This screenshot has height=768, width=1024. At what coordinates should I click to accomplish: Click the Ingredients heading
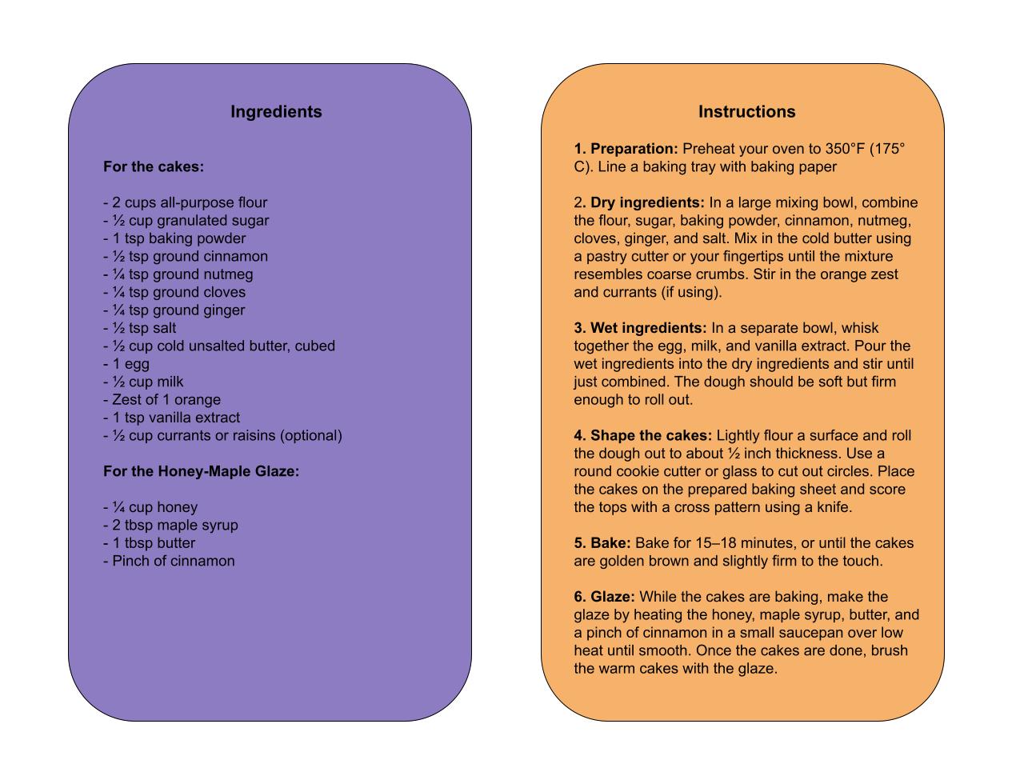[x=276, y=112]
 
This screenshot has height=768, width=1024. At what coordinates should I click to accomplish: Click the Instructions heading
[x=746, y=112]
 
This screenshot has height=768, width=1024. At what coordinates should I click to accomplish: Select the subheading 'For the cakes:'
[x=154, y=167]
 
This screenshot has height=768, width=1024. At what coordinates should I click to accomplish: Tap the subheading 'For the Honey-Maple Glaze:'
[x=201, y=472]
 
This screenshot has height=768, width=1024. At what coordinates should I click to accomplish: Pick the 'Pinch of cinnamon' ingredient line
[x=169, y=561]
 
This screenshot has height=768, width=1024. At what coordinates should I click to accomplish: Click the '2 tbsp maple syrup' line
[x=170, y=526]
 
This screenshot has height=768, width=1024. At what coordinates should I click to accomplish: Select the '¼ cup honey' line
[x=150, y=507]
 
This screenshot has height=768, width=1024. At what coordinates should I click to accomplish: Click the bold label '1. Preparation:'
[x=626, y=149]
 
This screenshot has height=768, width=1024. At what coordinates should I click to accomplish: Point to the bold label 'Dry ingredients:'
[x=647, y=202]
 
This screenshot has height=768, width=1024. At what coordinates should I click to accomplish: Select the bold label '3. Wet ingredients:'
[x=640, y=328]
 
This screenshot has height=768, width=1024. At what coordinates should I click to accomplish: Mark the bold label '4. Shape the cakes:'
[x=642, y=436]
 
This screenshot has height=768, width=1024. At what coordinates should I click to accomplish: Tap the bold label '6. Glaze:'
[x=604, y=597]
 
